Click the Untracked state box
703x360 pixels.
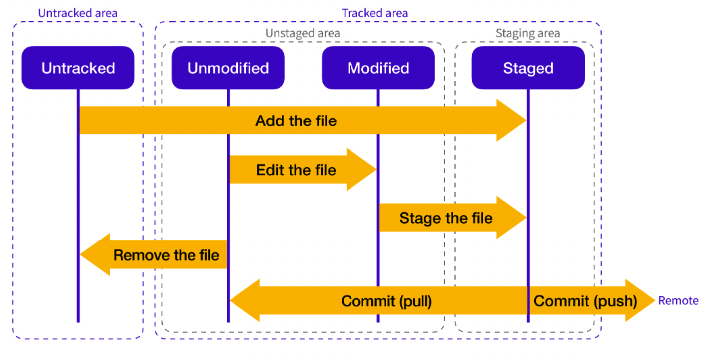pyautogui.click(x=78, y=68)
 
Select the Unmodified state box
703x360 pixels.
pyautogui.click(x=228, y=68)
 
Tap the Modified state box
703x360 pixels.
pyautogui.click(x=378, y=68)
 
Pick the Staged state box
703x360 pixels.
pyautogui.click(x=528, y=68)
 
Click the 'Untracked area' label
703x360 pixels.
pyautogui.click(x=78, y=13)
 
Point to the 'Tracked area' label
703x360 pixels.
pyautogui.click(x=375, y=13)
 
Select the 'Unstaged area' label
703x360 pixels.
pyautogui.click(x=303, y=33)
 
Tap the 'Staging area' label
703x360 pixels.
pyautogui.click(x=528, y=33)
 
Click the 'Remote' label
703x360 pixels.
pyautogui.click(x=678, y=301)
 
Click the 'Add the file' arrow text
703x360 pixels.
pyautogui.click(x=296, y=121)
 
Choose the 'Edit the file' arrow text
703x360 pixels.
pyautogui.click(x=296, y=170)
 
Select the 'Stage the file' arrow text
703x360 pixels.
pyautogui.click(x=446, y=218)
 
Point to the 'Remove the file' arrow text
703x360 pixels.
pyautogui.click(x=166, y=255)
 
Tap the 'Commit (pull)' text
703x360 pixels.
pyautogui.click(x=386, y=301)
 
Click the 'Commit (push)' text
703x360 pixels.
pyautogui.click(x=586, y=301)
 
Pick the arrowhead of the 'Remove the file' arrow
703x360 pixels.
pyautogui.click(x=95, y=254)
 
